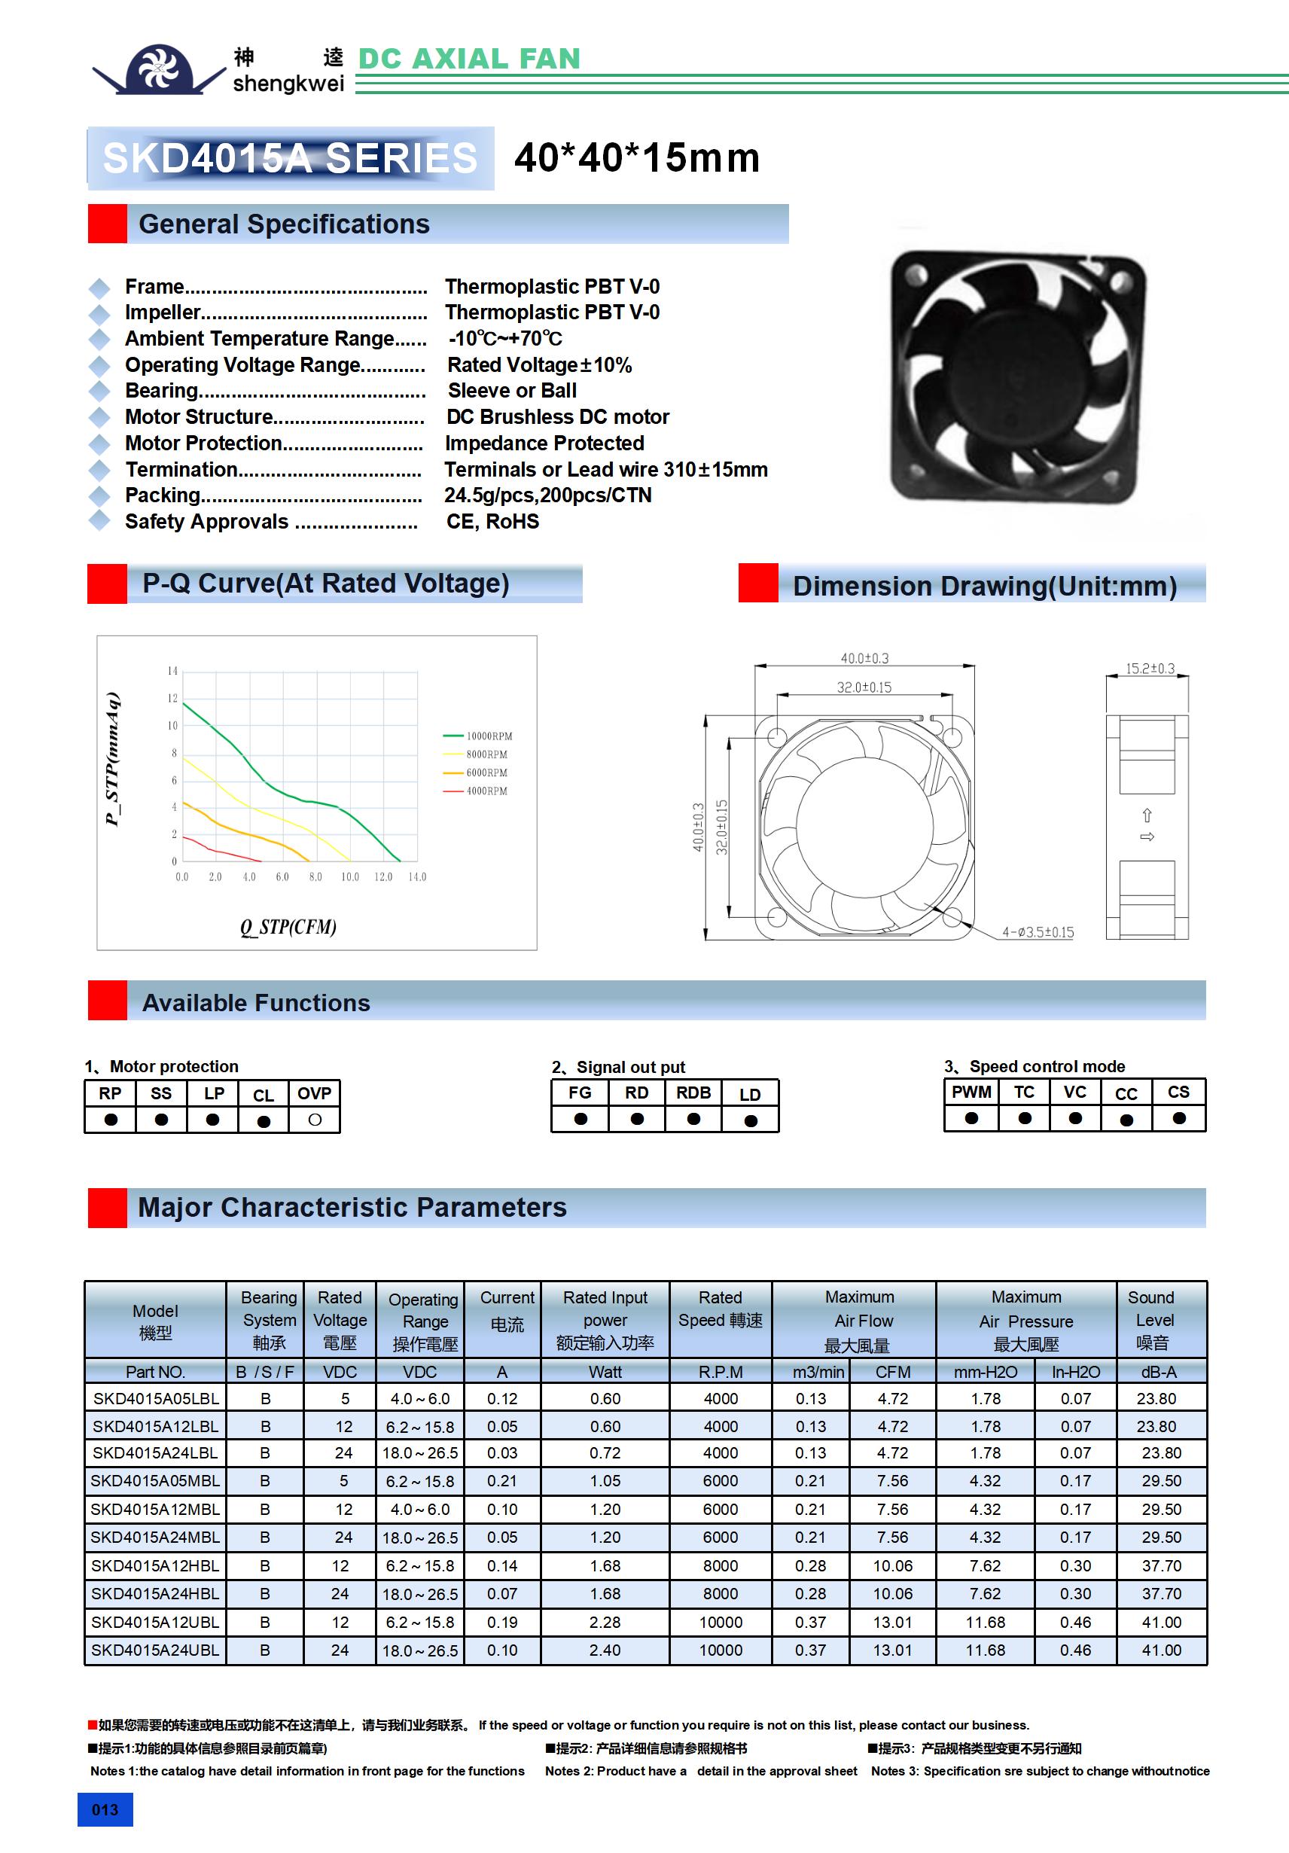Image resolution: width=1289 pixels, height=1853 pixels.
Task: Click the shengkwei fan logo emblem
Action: tap(158, 69)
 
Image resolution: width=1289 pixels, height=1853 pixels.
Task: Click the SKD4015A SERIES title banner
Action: tap(291, 158)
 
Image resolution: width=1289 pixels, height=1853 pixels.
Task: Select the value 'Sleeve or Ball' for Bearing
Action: tap(512, 391)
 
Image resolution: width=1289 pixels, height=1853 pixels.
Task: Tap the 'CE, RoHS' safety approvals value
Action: tap(492, 521)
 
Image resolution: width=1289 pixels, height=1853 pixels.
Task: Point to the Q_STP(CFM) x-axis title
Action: tap(288, 926)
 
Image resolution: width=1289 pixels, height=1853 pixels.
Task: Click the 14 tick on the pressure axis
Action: tap(172, 671)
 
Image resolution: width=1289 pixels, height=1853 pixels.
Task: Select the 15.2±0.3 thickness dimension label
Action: tap(1150, 669)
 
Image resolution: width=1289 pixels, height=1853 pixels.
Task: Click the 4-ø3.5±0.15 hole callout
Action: tap(1038, 932)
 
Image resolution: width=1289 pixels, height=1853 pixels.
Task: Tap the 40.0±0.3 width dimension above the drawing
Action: tap(864, 659)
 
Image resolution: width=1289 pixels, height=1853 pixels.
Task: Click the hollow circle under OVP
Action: tap(315, 1120)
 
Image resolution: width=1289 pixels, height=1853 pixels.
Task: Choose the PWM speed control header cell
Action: tap(971, 1092)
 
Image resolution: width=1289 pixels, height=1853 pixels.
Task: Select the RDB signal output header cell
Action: tap(693, 1093)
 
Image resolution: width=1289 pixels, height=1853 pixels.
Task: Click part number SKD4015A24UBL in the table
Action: tap(155, 1650)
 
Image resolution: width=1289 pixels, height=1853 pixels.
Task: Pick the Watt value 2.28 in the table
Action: tap(605, 1622)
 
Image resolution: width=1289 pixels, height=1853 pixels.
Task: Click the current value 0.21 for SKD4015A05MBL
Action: tap(502, 1481)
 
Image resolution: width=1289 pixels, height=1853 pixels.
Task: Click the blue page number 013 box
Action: tap(105, 1809)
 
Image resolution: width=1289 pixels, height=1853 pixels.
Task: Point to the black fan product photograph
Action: tap(1017, 376)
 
